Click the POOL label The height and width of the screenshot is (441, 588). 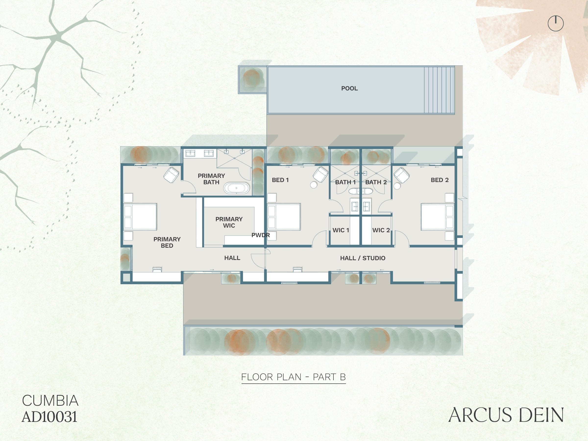pyautogui.click(x=349, y=88)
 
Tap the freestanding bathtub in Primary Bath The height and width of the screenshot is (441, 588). pyautogui.click(x=236, y=188)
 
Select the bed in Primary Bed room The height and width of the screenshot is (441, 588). pyautogui.click(x=140, y=217)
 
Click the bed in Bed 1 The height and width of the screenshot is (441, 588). pyautogui.click(x=284, y=217)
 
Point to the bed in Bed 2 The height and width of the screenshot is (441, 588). pyautogui.click(x=437, y=217)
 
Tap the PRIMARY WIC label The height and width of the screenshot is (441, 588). pyautogui.click(x=229, y=222)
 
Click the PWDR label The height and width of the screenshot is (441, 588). pyautogui.click(x=260, y=235)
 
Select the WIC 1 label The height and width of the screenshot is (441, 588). pyautogui.click(x=341, y=230)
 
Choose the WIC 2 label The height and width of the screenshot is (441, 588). pyautogui.click(x=381, y=230)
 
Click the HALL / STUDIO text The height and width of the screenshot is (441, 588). pyautogui.click(x=363, y=258)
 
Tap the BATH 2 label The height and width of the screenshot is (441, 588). pyautogui.click(x=376, y=182)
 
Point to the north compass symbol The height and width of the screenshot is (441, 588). pyautogui.click(x=556, y=23)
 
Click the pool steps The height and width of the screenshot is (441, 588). pyautogui.click(x=439, y=90)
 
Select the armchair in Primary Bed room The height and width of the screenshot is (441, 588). pyautogui.click(x=171, y=175)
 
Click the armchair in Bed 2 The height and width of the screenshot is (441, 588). pyautogui.click(x=401, y=175)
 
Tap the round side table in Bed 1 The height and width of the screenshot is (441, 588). pyautogui.click(x=314, y=185)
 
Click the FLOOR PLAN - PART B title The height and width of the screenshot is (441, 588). pyautogui.click(x=294, y=377)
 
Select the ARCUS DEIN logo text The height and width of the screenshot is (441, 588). pyautogui.click(x=506, y=415)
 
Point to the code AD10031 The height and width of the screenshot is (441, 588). pyautogui.click(x=49, y=416)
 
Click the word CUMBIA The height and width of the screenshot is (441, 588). pyautogui.click(x=50, y=401)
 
